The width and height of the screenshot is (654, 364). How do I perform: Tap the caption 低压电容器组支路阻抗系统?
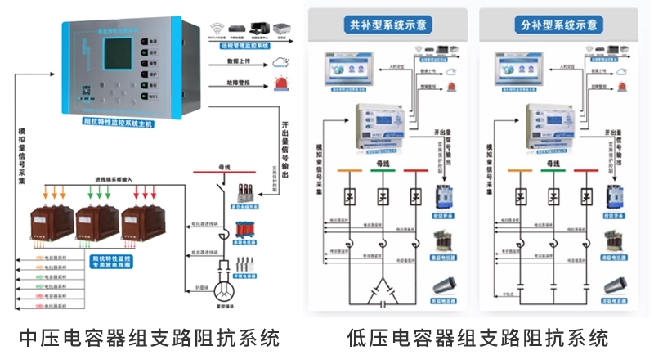(477, 338)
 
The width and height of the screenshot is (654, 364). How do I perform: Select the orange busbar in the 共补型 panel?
(347, 172)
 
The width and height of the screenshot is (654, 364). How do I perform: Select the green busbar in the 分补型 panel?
(548, 172)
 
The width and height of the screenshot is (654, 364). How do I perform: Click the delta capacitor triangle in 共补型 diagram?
(382, 288)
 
